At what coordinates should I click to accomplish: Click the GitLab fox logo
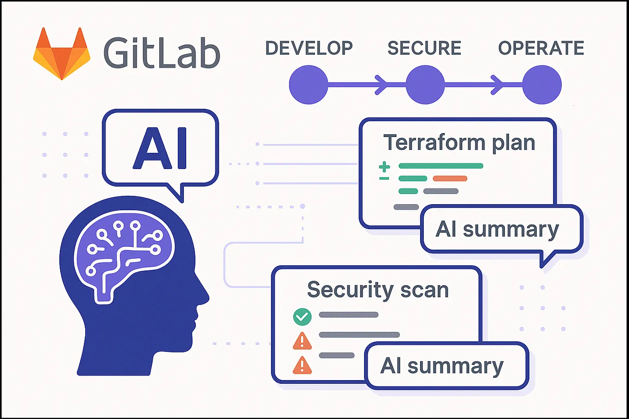(62, 54)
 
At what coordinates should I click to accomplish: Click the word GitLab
(161, 53)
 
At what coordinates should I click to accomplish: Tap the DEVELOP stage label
(309, 48)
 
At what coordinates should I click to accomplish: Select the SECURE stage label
(424, 48)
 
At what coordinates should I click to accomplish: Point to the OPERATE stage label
(541, 48)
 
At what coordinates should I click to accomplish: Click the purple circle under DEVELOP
(308, 85)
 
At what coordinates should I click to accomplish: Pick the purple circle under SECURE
(425, 85)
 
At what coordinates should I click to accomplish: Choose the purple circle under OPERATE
(542, 85)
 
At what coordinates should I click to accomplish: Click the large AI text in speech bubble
(160, 148)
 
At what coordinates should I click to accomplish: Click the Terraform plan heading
(459, 143)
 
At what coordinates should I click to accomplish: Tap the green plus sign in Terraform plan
(384, 166)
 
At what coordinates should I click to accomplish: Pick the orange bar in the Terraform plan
(450, 179)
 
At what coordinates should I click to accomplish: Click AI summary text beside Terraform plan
(497, 230)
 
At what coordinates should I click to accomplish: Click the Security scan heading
(378, 290)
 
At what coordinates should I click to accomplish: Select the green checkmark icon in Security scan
(302, 317)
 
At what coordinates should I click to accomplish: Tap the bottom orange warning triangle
(302, 365)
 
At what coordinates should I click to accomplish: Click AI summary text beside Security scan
(442, 366)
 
